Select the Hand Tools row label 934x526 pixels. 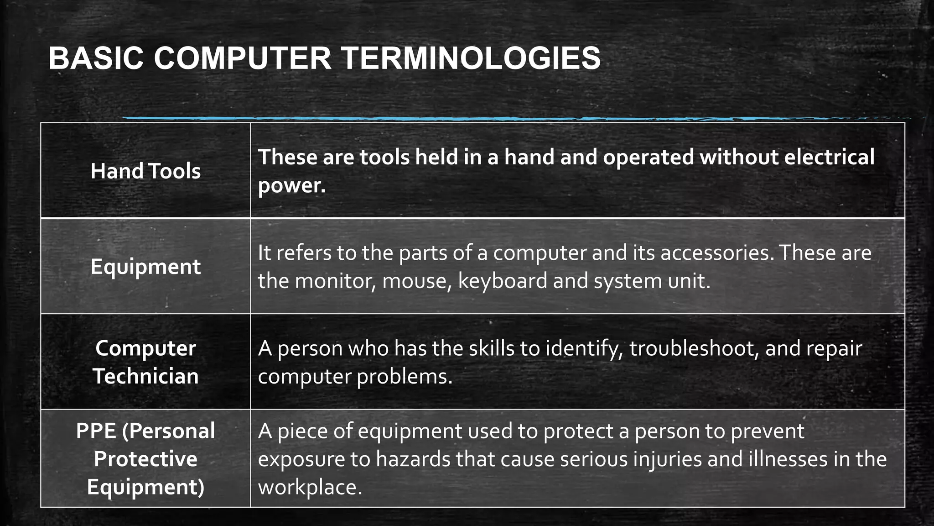pyautogui.click(x=145, y=171)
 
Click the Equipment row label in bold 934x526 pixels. pyautogui.click(x=145, y=267)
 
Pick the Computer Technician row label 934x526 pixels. pyautogui.click(x=145, y=362)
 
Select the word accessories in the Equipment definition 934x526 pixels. pyautogui.click(x=715, y=252)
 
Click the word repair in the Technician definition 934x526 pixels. pyautogui.click(x=834, y=348)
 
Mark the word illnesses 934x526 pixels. pyautogui.click(x=788, y=459)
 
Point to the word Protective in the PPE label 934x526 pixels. pyautogui.click(x=145, y=459)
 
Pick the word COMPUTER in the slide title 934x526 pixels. pyautogui.click(x=242, y=58)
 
